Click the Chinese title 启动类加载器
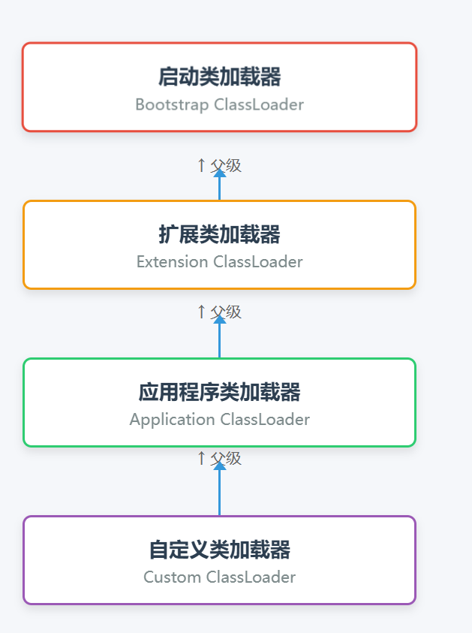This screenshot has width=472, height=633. [219, 77]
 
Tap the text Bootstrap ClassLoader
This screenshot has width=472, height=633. [219, 104]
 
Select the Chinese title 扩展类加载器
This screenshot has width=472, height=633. [219, 234]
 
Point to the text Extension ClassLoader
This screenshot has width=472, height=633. [219, 262]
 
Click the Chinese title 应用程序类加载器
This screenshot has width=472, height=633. [219, 392]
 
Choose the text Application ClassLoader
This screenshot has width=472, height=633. [219, 420]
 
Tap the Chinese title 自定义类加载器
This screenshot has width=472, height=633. [219, 550]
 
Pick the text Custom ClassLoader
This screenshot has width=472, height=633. [219, 577]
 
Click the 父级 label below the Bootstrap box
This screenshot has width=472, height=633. [225, 166]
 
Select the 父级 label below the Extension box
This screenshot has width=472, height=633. [225, 312]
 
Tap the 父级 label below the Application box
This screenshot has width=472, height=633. [225, 458]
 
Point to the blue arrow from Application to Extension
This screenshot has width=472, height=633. [220, 338]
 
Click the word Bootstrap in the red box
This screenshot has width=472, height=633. [172, 104]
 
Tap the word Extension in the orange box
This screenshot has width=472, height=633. [172, 262]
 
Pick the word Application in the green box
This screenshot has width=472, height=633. [172, 420]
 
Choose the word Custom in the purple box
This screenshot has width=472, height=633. [172, 577]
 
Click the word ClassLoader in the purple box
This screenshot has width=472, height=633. [251, 577]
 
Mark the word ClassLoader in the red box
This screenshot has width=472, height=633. [259, 104]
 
